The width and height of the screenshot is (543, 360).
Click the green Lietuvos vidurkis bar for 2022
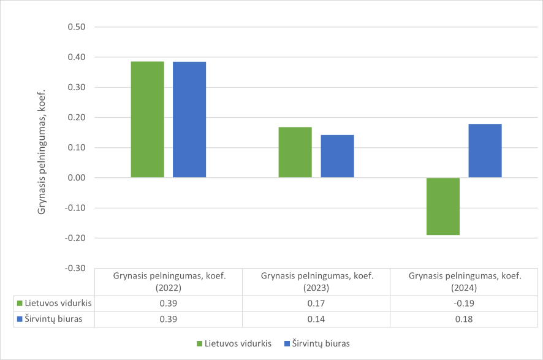pos(148,120)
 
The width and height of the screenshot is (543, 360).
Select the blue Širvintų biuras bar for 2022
pos(189,120)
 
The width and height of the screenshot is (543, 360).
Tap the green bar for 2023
pos(295,152)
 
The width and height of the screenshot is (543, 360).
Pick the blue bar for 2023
pos(337,156)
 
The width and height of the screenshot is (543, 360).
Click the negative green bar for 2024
pos(443,206)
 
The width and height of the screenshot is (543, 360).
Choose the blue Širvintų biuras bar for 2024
pos(485,151)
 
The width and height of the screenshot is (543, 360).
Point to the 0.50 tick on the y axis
pos(78,27)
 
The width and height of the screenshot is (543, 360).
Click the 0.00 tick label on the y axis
pos(78,178)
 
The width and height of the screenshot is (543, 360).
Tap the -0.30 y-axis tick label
pos(77,268)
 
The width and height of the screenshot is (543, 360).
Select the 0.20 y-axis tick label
pos(78,117)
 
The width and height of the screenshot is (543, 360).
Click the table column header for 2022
pos(169,281)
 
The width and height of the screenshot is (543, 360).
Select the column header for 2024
pos(465,281)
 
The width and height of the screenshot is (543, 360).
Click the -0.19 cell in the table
pos(465,303)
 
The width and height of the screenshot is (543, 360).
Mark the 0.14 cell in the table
pos(317,319)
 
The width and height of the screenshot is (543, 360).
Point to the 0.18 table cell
pos(465,319)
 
